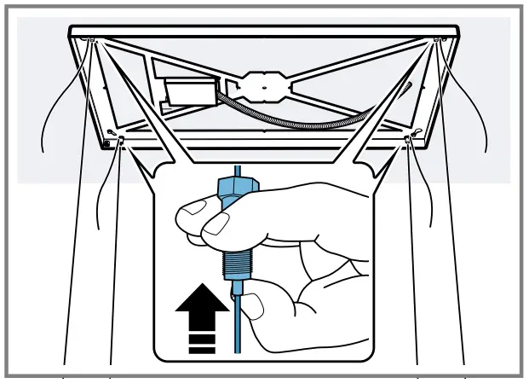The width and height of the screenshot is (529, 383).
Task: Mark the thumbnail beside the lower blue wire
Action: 253,305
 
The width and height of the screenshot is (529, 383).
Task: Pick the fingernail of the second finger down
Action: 217,224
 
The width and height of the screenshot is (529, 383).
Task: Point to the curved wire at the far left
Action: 51,119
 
